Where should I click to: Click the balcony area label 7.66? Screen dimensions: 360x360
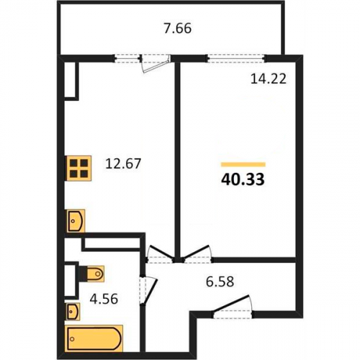[x=178, y=29]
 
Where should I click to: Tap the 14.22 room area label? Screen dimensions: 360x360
[x=269, y=78]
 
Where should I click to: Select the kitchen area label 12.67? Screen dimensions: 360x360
[x=123, y=164]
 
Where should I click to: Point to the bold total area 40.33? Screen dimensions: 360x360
[x=243, y=179]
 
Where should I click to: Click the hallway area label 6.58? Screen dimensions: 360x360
[x=220, y=282]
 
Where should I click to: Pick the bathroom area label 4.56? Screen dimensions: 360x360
[x=104, y=300]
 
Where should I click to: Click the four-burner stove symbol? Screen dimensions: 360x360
[x=79, y=168]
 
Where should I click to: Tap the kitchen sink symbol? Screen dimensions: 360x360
[x=76, y=221]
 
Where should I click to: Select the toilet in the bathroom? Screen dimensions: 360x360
[x=92, y=274]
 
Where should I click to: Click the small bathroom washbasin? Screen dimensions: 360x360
[x=73, y=312]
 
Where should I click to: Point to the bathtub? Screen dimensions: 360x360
[x=94, y=339]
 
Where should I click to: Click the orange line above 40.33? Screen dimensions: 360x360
[x=243, y=164]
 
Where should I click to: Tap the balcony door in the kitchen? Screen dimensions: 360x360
[x=156, y=63]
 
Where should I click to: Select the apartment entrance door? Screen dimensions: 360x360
[x=233, y=307]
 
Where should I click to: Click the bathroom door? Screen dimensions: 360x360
[x=148, y=291]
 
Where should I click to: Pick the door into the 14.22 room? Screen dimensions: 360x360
[x=197, y=254]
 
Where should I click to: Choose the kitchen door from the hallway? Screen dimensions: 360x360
[x=161, y=254]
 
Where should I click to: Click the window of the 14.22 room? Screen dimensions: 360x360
[x=236, y=58]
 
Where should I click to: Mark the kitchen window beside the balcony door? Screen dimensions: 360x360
[x=127, y=58]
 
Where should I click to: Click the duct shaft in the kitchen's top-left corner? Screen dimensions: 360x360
[x=71, y=81]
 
